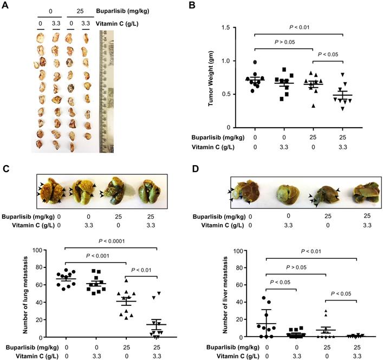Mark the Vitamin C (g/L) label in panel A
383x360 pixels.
pos(115,23)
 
